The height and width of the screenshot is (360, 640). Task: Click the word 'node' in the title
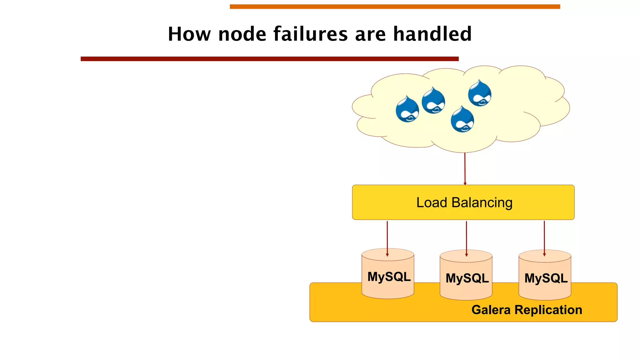click(x=242, y=34)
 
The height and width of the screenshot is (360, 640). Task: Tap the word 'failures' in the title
click(x=311, y=34)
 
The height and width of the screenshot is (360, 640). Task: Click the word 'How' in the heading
click(x=189, y=34)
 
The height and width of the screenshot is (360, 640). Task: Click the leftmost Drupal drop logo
click(x=407, y=109)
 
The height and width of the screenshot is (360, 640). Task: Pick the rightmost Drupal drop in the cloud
click(x=480, y=93)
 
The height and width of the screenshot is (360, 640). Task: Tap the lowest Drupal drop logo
click(x=462, y=120)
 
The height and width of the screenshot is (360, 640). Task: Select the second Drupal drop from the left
click(x=433, y=101)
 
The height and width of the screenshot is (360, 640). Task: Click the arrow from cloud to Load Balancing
click(x=465, y=169)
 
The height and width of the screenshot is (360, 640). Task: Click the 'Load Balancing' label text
click(x=464, y=202)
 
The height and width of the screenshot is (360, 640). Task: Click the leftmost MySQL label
click(x=389, y=277)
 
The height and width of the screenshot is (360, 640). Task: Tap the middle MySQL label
click(x=467, y=278)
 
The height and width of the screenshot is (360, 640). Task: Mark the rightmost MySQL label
click(x=546, y=278)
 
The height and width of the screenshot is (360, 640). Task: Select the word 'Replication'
click(x=548, y=310)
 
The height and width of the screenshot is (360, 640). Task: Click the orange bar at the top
click(x=395, y=7)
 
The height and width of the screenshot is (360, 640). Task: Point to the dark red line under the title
click(x=269, y=59)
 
